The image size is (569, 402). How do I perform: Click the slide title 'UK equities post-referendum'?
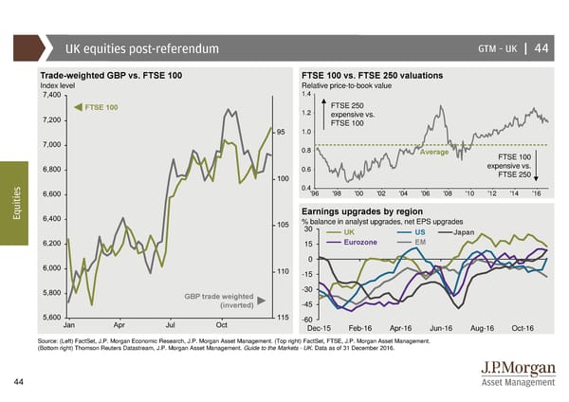pyautogui.click(x=142, y=49)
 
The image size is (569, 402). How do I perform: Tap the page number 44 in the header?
pyautogui.click(x=541, y=49)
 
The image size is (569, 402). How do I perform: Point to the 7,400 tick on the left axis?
pyautogui.click(x=50, y=95)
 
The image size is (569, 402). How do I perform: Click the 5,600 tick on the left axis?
pyautogui.click(x=50, y=317)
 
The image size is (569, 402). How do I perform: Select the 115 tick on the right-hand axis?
pyautogui.click(x=283, y=316)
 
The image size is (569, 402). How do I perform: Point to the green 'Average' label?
pyautogui.click(x=433, y=153)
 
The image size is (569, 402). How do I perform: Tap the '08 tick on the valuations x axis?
pyautogui.click(x=448, y=193)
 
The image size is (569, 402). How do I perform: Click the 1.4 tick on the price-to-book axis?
pyautogui.click(x=306, y=94)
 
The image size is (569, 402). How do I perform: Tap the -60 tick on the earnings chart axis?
pyautogui.click(x=307, y=319)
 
